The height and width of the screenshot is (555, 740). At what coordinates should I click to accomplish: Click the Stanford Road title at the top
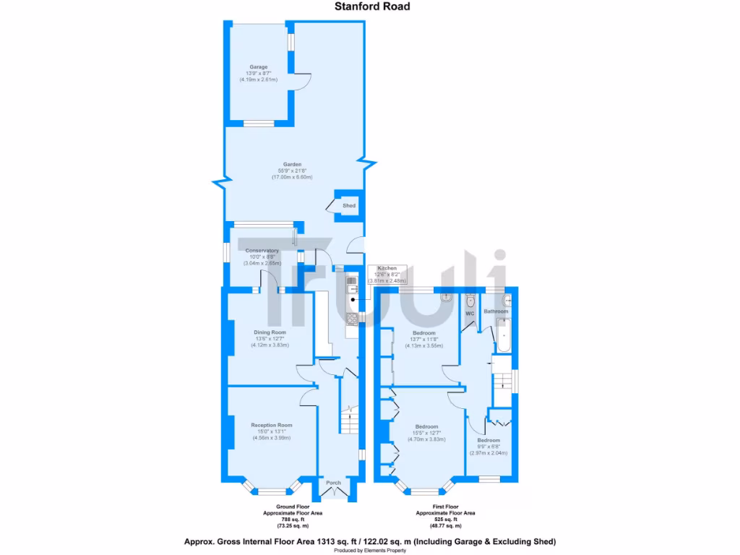[372, 7]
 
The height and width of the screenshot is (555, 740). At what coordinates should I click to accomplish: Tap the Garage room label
[259, 67]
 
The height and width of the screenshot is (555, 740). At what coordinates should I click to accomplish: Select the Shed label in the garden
[349, 206]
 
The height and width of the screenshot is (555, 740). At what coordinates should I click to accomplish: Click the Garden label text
[293, 164]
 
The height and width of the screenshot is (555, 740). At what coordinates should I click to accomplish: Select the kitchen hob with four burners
[352, 318]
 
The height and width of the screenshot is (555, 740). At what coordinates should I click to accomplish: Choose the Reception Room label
[271, 425]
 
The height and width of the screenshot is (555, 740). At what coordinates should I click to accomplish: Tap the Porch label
[333, 483]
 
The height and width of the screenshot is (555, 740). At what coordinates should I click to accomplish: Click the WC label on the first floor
[469, 314]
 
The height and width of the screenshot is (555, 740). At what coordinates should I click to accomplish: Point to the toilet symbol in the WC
[470, 301]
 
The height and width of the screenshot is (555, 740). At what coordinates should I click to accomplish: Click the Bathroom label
[496, 311]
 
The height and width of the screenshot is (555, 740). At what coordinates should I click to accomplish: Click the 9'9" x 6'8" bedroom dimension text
[488, 447]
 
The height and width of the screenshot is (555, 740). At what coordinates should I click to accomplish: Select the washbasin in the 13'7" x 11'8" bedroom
[447, 296]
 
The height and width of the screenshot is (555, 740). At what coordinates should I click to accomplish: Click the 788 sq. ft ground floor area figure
[293, 520]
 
